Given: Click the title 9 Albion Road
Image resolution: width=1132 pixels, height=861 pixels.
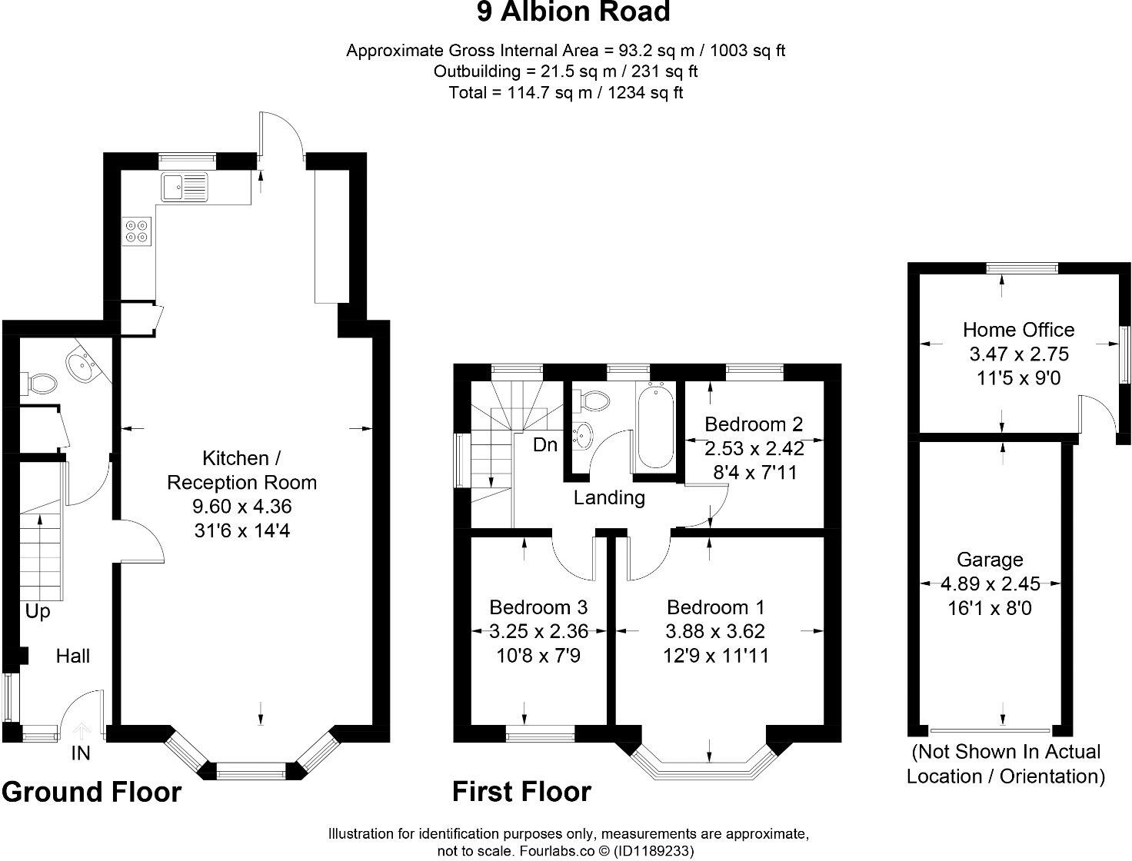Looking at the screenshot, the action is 573,12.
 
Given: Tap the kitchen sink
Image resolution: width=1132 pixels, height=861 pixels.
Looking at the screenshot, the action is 185,187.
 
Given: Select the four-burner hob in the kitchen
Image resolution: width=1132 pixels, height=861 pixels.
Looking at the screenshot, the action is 137,231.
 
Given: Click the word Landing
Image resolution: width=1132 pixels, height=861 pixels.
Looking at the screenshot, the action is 609,497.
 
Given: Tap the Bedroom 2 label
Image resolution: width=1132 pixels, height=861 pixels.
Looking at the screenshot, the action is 754,424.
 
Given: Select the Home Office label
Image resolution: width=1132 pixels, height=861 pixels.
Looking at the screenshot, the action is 1018,330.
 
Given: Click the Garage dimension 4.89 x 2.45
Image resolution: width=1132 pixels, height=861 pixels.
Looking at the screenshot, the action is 990,583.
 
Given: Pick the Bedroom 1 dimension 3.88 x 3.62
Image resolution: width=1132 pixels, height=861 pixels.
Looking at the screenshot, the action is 714,631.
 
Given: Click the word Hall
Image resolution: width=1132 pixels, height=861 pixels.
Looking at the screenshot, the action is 73,656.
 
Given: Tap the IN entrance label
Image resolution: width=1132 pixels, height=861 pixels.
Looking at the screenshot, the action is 81,753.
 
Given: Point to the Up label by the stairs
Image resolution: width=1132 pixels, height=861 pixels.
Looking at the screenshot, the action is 38,612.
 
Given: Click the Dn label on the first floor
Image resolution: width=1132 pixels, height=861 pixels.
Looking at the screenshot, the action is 545,444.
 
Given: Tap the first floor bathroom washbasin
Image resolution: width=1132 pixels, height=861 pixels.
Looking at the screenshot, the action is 583,435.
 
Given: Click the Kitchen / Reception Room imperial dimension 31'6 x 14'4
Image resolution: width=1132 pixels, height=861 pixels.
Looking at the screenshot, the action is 242,530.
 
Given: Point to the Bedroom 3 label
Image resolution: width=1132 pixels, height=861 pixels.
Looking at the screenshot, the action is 538,607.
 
